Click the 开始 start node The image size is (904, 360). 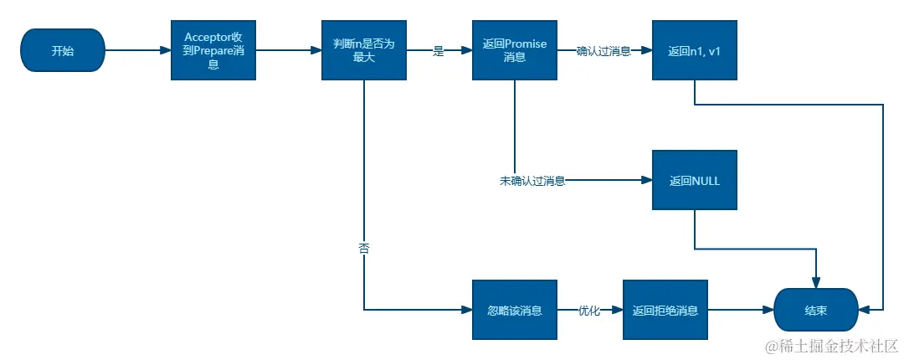click(63, 50)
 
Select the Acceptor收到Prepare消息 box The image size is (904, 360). click(213, 50)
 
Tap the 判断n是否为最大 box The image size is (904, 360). click(364, 50)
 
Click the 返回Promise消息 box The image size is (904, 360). click(515, 50)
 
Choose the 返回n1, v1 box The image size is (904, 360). click(695, 50)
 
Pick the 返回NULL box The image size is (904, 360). click(695, 180)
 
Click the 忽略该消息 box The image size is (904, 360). click(515, 310)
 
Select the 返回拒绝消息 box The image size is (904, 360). click(665, 310)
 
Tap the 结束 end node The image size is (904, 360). click(816, 310)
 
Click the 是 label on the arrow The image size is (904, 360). click(438, 51)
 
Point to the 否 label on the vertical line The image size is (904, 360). click(364, 249)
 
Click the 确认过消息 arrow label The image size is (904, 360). click(604, 51)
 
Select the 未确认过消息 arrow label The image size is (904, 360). click(532, 181)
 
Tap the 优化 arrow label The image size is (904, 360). click(589, 311)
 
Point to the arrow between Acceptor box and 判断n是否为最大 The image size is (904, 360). click(288, 50)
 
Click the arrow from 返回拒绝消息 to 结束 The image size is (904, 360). click(741, 310)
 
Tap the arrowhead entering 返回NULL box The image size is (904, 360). click(647, 180)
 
